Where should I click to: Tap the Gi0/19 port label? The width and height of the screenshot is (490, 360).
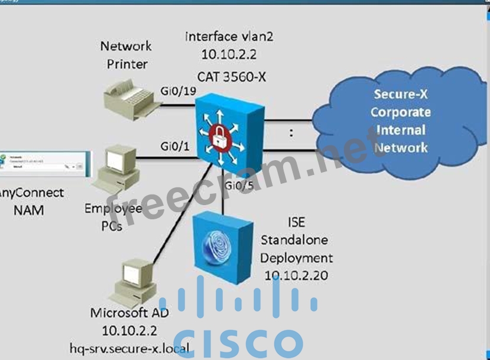coord(178,90)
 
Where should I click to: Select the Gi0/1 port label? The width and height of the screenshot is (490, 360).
coord(175,145)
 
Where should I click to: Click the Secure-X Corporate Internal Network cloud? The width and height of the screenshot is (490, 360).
coord(400,121)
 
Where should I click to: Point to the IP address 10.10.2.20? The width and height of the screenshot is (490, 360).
coord(296,275)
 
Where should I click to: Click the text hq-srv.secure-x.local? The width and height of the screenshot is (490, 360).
coord(129,347)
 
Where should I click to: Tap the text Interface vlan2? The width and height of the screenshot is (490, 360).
coord(229,37)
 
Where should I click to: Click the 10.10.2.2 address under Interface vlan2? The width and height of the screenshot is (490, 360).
coord(229,55)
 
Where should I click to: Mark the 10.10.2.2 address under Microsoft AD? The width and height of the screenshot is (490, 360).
coord(129,330)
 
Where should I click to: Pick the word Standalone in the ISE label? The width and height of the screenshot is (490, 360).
coord(294,241)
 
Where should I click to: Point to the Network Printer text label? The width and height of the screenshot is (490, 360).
coord(126,54)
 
